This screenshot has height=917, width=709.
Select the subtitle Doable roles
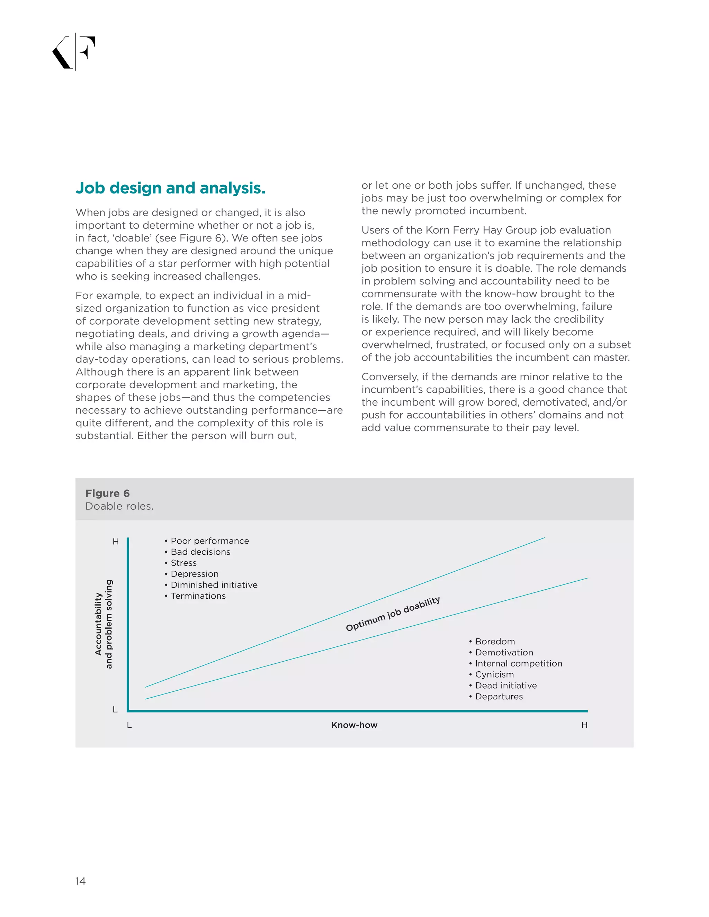(x=119, y=506)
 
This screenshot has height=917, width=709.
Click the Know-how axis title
(x=354, y=725)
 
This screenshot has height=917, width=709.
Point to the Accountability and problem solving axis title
(x=103, y=624)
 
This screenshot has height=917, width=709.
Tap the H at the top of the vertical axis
(x=116, y=542)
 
